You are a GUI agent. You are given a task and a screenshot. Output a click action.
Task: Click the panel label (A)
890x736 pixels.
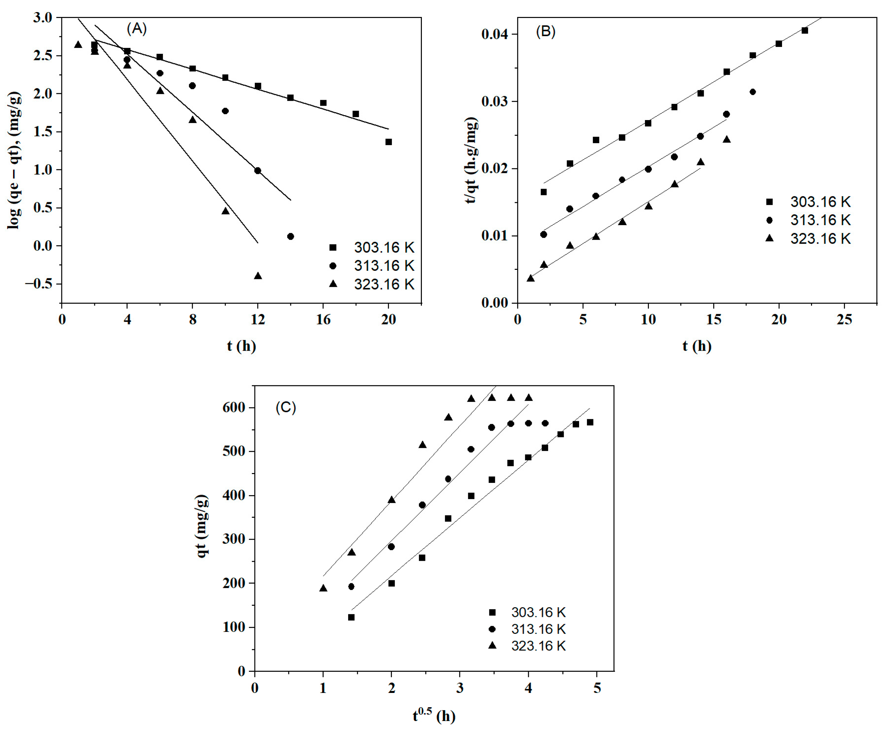point(136,29)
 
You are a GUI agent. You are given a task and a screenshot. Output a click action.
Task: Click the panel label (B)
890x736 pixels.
point(545,32)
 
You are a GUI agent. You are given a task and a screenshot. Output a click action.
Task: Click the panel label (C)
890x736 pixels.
point(286,407)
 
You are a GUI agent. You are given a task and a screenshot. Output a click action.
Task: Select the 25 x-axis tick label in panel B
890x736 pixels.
point(844,319)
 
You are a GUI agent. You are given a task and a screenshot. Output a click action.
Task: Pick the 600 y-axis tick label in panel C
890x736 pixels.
point(234,407)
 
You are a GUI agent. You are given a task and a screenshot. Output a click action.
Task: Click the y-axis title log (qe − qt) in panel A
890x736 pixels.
point(14,161)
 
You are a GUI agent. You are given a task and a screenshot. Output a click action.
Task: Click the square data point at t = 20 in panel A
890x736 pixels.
point(389,142)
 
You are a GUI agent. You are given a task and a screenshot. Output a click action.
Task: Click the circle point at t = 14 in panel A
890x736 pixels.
point(290,237)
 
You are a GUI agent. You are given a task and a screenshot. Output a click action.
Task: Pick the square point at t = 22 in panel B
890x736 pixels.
point(805,31)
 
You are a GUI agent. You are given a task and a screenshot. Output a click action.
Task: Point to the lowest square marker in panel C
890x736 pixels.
point(351,617)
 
